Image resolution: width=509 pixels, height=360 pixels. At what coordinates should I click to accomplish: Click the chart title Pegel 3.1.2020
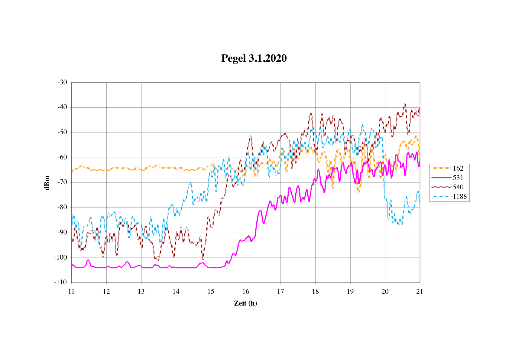254,58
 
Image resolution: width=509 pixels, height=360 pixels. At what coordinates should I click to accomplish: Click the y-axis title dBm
47,182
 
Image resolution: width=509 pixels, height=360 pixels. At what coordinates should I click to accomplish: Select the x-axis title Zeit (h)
245,303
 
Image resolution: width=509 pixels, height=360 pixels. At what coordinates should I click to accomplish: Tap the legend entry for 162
458,168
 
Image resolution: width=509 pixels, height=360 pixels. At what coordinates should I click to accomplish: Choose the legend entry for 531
458,178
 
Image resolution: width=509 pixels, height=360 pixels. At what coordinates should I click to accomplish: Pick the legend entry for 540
458,187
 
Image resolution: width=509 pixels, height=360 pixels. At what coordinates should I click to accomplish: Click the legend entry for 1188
459,196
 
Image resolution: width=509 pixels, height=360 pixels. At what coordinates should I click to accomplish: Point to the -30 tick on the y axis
62,82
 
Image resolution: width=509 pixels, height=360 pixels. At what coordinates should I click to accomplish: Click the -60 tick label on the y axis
62,157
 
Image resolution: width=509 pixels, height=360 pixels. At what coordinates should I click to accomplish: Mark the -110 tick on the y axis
60,282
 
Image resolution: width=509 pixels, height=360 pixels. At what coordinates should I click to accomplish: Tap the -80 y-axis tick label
62,208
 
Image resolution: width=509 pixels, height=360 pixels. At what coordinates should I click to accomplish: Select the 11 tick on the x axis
71,291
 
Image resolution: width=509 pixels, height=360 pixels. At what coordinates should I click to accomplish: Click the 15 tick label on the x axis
211,291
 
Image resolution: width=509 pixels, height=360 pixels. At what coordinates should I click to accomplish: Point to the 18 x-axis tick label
315,291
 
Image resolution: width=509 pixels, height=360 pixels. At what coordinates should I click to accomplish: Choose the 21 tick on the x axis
420,291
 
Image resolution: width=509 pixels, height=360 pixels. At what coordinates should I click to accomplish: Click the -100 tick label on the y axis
60,257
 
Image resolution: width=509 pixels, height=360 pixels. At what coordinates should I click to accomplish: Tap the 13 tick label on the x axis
141,291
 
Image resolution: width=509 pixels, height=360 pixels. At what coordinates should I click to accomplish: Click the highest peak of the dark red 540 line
404,104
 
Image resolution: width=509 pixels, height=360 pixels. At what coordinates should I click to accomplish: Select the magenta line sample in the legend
441,178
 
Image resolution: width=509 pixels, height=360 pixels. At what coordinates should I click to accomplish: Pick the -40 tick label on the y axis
62,107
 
